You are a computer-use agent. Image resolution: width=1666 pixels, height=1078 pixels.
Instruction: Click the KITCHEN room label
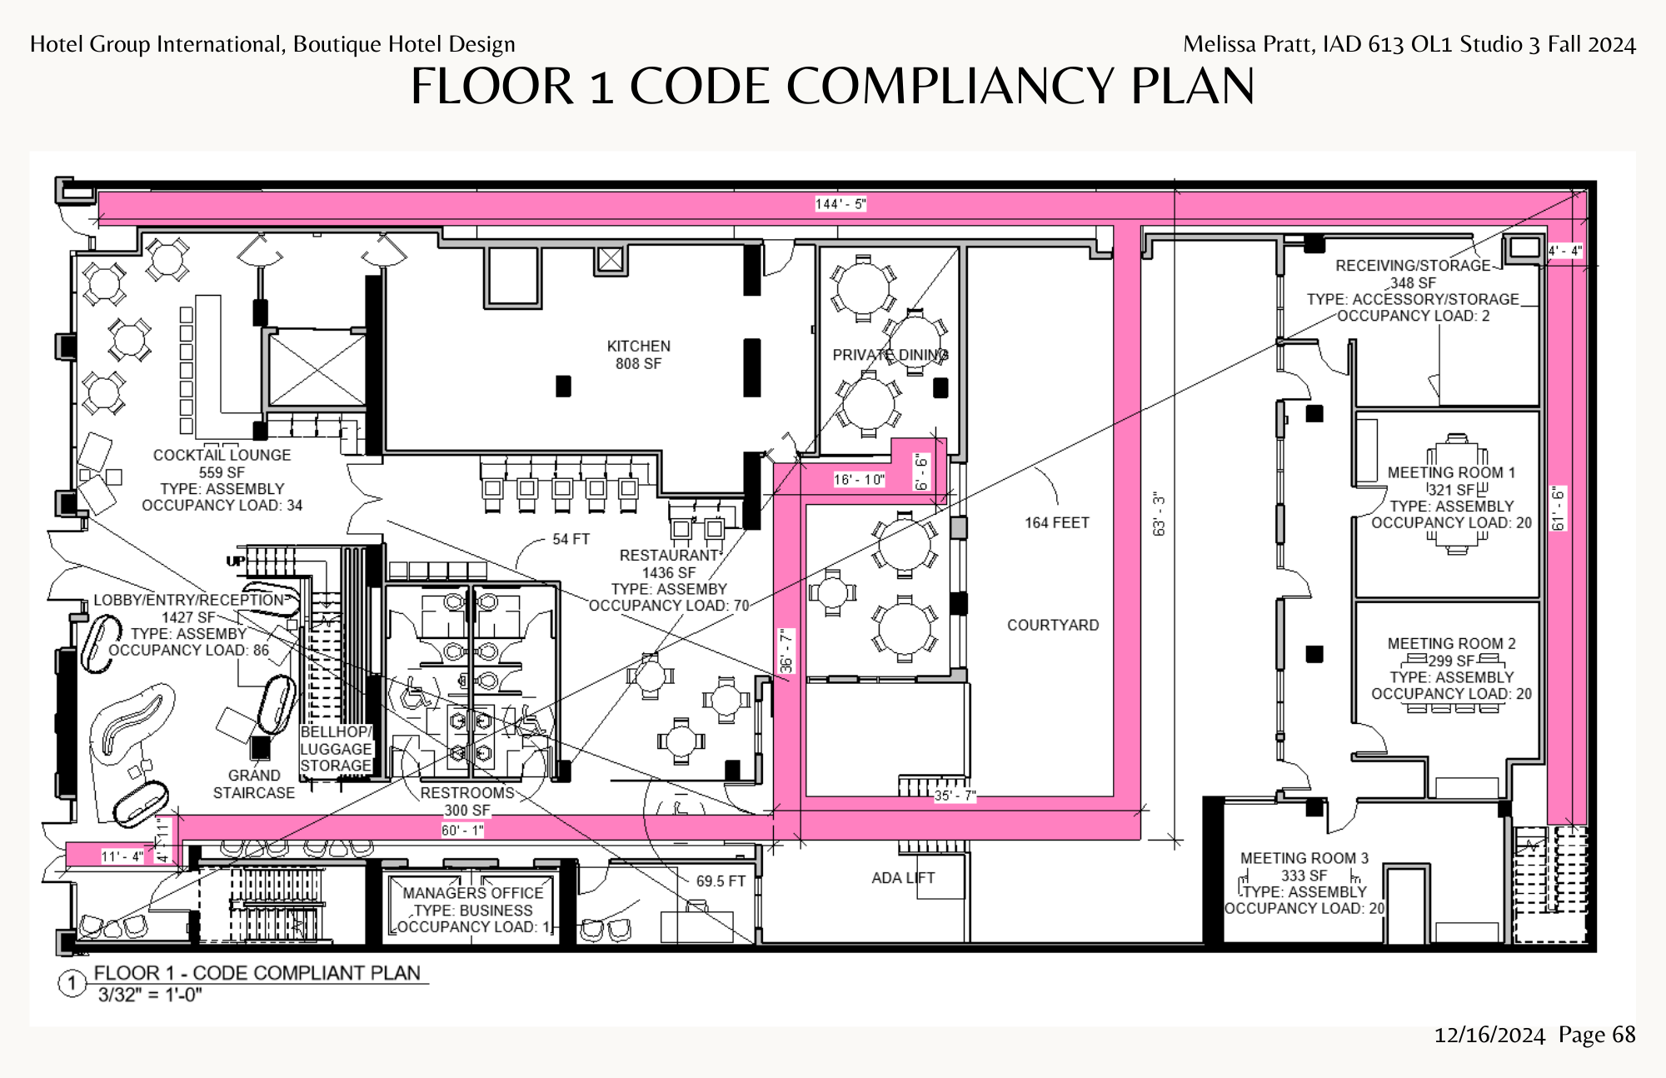pos(638,346)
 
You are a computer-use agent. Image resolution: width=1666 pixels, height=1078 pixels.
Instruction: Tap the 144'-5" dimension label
pos(840,204)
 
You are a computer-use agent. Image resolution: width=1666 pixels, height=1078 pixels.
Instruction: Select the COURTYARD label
pos(1053,625)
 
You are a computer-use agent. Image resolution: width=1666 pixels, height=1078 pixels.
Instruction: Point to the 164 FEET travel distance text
pos(1057,522)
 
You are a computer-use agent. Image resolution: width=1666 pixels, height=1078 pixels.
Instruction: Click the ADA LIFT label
pos(903,877)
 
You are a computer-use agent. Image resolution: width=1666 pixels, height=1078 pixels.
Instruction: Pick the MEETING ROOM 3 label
pos(1304,857)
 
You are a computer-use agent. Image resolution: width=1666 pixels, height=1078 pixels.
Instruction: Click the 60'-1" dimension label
pos(462,830)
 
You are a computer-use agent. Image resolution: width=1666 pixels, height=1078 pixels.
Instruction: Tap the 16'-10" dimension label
pos(859,479)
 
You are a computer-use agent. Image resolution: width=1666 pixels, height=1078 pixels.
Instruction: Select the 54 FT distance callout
pos(571,539)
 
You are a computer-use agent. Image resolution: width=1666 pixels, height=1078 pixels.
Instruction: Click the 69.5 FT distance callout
pos(721,881)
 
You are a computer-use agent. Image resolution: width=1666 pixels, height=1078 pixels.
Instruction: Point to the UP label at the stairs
pos(236,561)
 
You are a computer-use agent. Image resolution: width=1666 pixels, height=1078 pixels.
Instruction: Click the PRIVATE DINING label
pos(890,355)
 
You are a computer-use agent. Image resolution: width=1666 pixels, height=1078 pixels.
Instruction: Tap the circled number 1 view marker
pos(72,983)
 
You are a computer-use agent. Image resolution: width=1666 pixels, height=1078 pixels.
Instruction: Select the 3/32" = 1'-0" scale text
pos(150,995)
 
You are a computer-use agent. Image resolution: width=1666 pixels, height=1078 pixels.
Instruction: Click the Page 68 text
pos(1597,1035)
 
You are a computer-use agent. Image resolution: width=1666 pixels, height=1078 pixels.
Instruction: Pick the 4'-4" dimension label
pos(1565,250)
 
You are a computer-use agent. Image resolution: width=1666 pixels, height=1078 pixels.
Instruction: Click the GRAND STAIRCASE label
pos(254,784)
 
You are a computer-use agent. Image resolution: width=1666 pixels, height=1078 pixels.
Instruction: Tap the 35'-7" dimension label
pos(955,795)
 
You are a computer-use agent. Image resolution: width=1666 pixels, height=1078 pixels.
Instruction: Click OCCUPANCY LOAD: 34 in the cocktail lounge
pos(222,505)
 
